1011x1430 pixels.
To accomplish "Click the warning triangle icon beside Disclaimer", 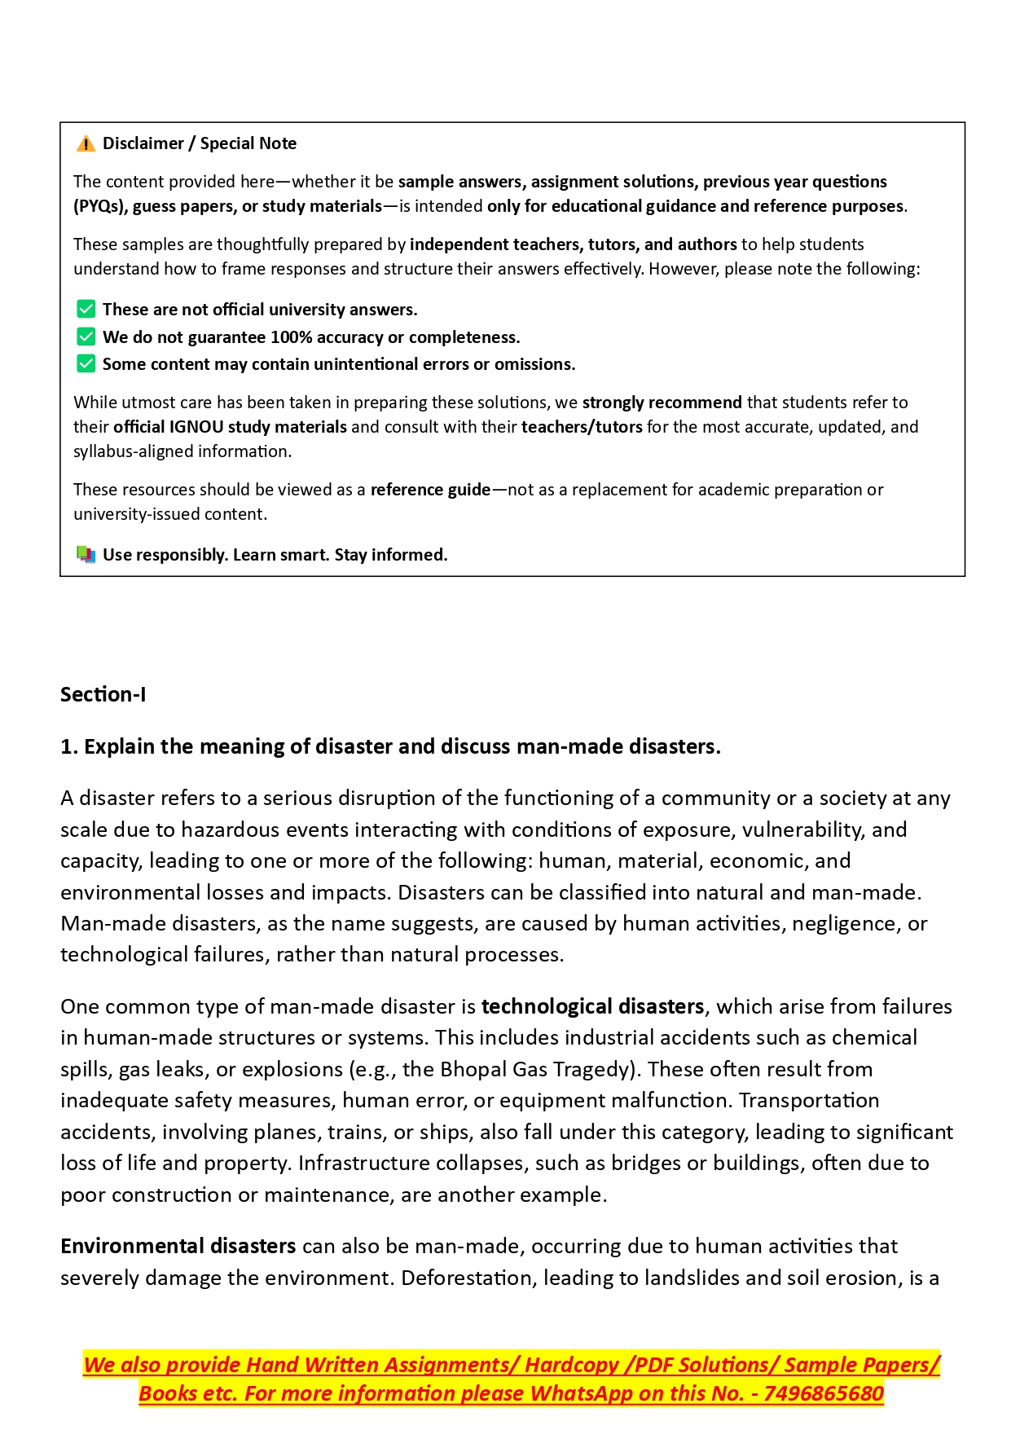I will point(86,144).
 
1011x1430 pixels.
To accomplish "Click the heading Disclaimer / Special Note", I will point(199,143).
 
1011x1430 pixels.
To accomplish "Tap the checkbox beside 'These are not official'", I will point(86,310).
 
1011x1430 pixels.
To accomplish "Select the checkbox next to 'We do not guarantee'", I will point(86,337).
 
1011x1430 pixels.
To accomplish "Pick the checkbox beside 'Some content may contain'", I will point(86,364).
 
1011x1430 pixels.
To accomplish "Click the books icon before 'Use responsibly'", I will point(86,555).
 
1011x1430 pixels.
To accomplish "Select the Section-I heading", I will point(103,695).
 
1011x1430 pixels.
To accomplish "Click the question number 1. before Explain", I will point(69,747).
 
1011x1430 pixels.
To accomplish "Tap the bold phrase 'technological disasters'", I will point(592,1007).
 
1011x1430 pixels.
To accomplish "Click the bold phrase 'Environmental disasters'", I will point(178,1247).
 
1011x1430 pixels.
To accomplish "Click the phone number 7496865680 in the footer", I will point(824,1394).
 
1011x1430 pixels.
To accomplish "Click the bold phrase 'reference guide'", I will point(430,490).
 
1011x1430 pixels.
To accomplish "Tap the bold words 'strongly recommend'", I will point(662,403).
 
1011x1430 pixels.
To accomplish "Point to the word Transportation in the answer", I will point(809,1101).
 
